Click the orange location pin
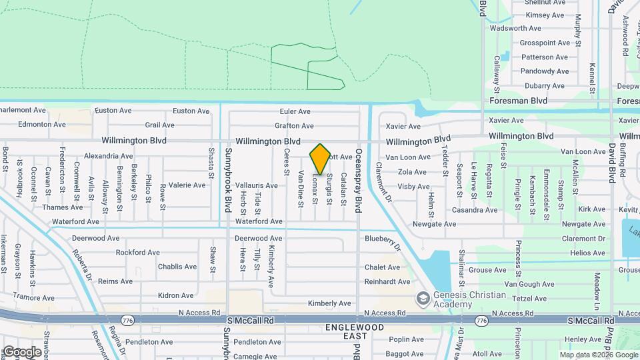(x=320, y=159)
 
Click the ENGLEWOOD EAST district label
(x=355, y=333)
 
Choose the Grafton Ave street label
(x=293, y=125)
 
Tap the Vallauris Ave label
(x=257, y=185)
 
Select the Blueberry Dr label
(x=382, y=241)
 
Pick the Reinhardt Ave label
(x=387, y=282)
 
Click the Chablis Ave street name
(x=177, y=267)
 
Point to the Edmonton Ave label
(x=41, y=124)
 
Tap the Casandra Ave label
(x=475, y=210)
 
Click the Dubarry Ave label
(x=544, y=86)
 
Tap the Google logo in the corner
(x=21, y=351)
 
